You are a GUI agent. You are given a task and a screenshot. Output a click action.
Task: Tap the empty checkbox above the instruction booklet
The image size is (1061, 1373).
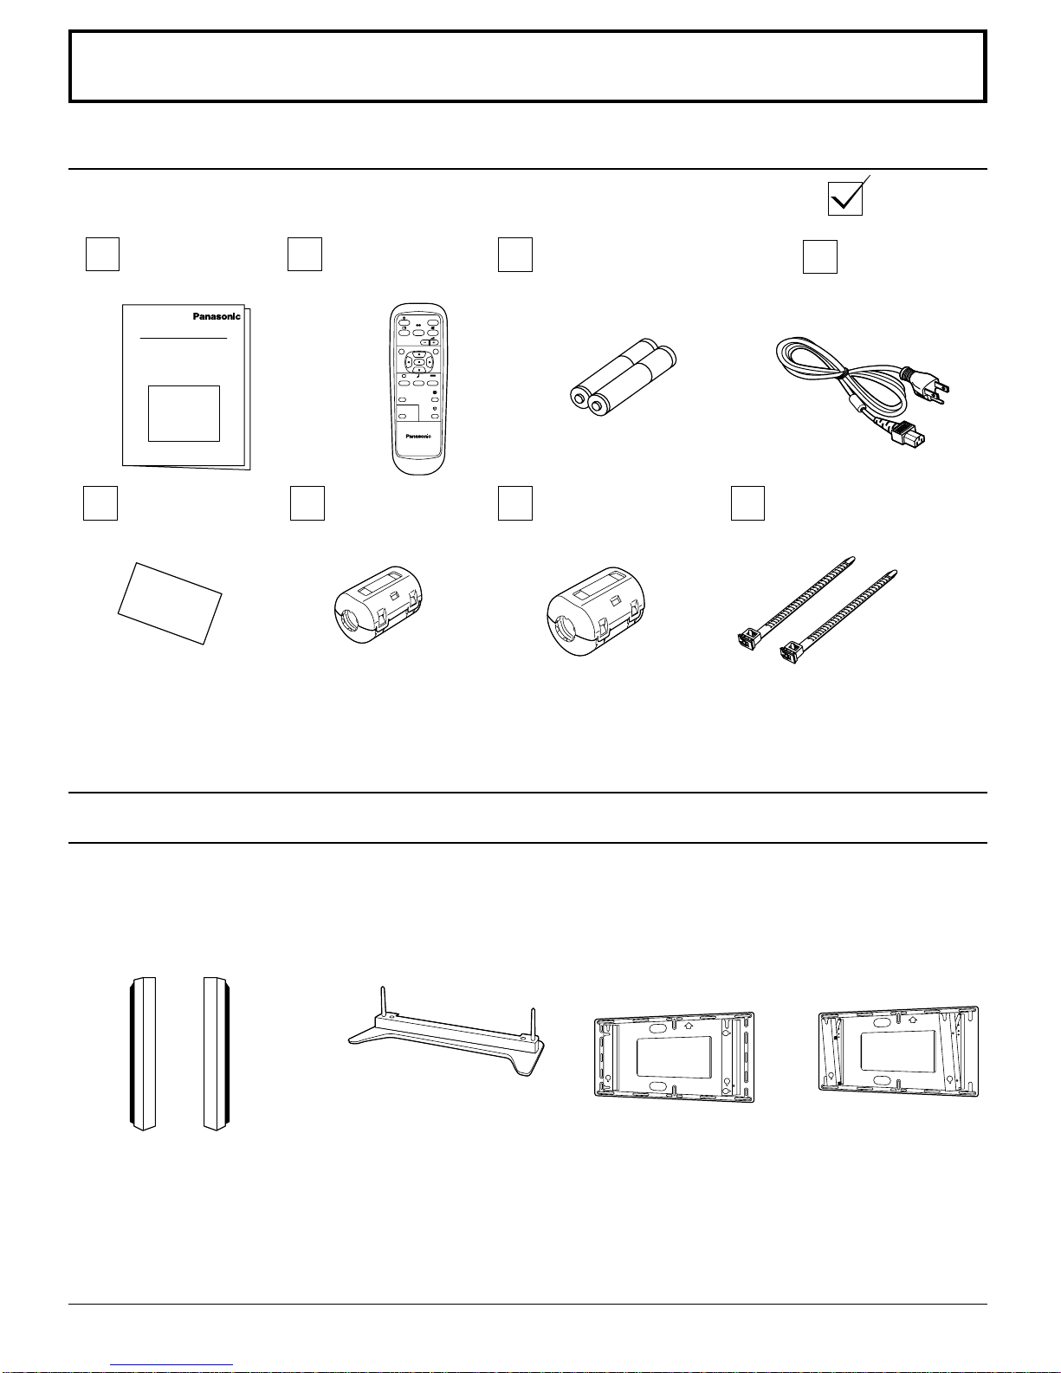(x=102, y=254)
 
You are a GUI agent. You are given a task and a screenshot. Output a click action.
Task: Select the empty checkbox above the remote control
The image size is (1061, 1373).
(x=305, y=254)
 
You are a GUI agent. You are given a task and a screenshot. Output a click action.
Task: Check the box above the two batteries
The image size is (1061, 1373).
(x=515, y=255)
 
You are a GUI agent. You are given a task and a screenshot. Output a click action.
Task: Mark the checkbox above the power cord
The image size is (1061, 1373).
(x=820, y=256)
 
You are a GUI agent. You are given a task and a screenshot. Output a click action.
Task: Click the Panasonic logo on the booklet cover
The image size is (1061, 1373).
(x=217, y=316)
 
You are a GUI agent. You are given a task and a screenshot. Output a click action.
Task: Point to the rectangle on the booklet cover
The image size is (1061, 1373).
(x=184, y=413)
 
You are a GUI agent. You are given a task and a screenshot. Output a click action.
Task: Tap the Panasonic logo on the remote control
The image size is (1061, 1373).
(x=418, y=436)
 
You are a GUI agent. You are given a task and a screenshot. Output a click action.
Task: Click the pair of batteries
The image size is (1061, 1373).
(x=623, y=377)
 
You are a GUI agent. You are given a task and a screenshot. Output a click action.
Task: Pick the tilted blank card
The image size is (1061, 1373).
(x=170, y=604)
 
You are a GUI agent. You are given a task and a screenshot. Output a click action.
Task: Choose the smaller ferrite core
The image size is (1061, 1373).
(x=378, y=605)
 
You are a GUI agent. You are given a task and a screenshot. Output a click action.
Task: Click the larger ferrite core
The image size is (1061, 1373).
(x=596, y=611)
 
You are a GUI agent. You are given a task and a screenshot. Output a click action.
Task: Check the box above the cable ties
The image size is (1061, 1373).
(x=747, y=503)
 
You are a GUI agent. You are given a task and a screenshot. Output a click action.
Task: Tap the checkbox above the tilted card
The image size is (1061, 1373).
(x=100, y=503)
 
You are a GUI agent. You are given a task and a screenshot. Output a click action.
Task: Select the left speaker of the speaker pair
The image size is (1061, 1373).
(x=144, y=1054)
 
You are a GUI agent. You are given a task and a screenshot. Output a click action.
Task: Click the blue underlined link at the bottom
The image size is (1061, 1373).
(x=171, y=1365)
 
